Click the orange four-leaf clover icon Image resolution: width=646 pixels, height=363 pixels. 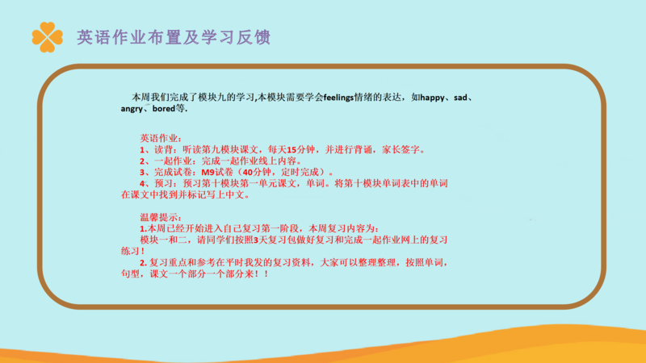(48, 37)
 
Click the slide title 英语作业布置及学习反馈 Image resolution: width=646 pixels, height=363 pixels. (174, 37)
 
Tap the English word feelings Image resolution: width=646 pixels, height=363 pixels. (338, 98)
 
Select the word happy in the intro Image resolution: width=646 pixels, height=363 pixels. (432, 98)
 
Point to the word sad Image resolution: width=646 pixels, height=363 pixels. (460, 98)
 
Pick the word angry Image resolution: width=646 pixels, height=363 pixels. (132, 109)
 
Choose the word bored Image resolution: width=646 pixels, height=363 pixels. (164, 109)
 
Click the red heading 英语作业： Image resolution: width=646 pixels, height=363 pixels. (161, 138)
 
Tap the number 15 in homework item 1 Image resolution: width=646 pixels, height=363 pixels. (292, 150)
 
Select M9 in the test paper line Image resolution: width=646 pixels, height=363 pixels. (208, 172)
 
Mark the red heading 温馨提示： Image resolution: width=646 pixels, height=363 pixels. (161, 217)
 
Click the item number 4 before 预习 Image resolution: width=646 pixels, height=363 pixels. (142, 184)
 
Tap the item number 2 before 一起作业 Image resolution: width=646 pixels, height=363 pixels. (142, 161)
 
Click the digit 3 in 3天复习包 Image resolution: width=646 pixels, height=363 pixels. (255, 240)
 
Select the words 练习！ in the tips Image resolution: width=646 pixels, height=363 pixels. (132, 251)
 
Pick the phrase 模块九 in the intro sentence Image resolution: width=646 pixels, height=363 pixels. (212, 98)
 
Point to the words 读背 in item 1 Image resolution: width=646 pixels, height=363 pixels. (164, 149)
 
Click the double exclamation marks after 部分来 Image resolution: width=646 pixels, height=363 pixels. (262, 273)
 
